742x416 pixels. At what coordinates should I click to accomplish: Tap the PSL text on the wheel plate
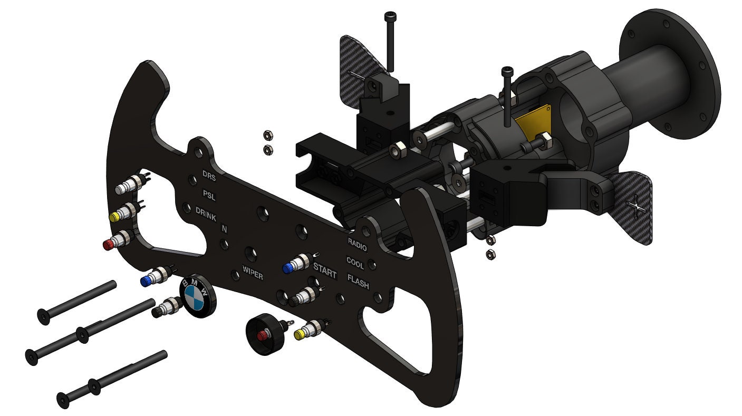coord(209,195)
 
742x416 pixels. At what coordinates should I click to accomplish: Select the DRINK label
coord(206,213)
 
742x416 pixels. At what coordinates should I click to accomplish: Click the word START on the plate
coord(325,270)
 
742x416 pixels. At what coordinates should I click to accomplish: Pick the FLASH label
coord(358,280)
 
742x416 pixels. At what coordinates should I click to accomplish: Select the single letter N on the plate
coord(224,229)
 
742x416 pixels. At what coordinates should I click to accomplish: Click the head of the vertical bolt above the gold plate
coord(507,70)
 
